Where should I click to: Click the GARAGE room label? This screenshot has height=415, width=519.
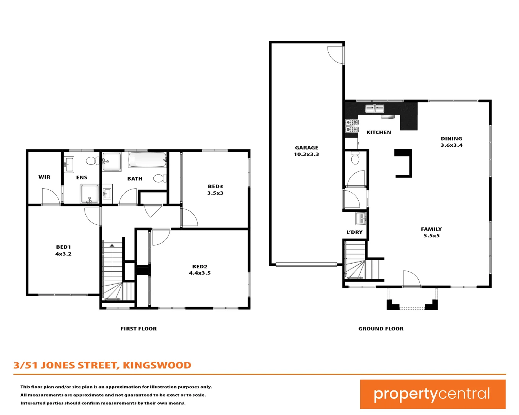[306, 148]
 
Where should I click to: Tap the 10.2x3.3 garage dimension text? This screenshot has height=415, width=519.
[306, 154]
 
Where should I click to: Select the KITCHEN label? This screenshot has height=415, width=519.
[379, 132]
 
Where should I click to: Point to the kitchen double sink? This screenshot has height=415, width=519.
[374, 109]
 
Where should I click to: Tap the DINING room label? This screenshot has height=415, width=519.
[451, 139]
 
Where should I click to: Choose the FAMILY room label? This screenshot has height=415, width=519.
[431, 229]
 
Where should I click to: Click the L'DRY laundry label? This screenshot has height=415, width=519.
[354, 232]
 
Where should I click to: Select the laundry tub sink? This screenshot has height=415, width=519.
[361, 219]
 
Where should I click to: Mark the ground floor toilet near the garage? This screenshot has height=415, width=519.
[355, 158]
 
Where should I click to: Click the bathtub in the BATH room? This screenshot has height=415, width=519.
[147, 159]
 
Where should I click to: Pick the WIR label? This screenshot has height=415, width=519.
[44, 177]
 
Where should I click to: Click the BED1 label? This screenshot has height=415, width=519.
[63, 247]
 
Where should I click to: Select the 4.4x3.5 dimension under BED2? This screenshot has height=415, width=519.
[200, 273]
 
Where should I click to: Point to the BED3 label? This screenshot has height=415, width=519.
[215, 186]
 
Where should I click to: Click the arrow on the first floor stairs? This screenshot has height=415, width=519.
[112, 245]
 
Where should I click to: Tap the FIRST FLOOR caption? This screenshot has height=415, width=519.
[138, 329]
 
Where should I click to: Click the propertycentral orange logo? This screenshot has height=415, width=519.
[432, 394]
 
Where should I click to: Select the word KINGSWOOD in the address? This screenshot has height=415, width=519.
[157, 365]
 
